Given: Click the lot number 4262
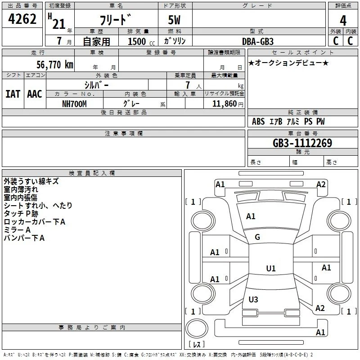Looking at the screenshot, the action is click(22, 19).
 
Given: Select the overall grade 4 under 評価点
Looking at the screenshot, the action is click(343, 21).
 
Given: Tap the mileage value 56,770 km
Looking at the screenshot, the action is click(55, 65).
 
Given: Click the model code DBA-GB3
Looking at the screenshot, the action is click(258, 41).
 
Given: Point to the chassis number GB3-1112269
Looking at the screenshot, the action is click(302, 143).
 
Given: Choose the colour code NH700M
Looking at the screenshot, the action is click(74, 104).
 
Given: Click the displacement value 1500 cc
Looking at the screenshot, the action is click(141, 41).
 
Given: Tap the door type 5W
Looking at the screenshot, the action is click(174, 20).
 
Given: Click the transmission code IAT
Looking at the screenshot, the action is click(13, 94).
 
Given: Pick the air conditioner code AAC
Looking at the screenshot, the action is click(35, 94).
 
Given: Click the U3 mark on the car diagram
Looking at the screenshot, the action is click(253, 299).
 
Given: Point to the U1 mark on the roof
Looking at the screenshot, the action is click(271, 268).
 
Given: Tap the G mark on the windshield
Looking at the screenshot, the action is click(257, 237).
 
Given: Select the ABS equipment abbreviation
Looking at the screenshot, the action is click(258, 121).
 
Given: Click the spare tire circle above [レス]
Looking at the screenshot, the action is click(197, 328).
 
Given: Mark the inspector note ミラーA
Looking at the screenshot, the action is click(17, 230).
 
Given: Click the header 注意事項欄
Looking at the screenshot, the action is click(123, 133).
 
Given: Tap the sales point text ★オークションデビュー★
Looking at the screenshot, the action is click(288, 63).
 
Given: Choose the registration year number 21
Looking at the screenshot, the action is click(59, 24).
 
